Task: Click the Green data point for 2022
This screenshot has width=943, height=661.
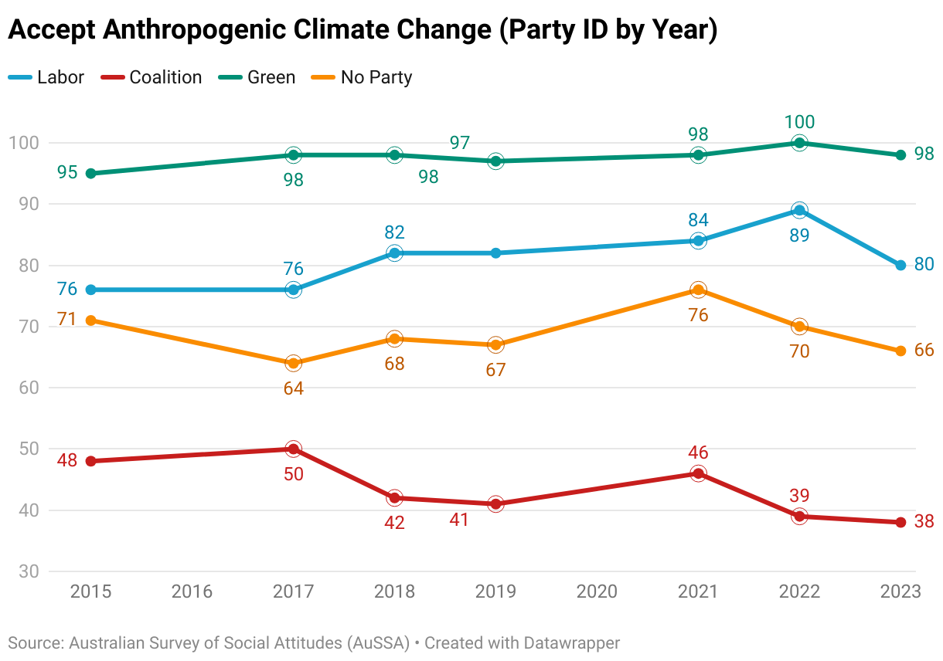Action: point(799,143)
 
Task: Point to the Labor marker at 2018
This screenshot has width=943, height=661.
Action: point(394,253)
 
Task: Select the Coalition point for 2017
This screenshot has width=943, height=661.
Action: point(293,449)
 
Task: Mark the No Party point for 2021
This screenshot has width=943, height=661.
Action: point(698,290)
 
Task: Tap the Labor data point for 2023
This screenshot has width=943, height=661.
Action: point(900,266)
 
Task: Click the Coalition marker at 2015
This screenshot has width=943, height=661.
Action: point(90,461)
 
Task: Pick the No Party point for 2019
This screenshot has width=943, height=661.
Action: point(495,344)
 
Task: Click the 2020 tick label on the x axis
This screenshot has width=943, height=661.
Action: point(597,592)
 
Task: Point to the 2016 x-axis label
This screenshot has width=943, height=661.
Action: point(192,592)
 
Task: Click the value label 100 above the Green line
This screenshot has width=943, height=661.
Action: point(799,122)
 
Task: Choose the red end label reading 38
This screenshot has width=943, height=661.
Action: point(924,522)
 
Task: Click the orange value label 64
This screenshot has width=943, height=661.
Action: point(293,388)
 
